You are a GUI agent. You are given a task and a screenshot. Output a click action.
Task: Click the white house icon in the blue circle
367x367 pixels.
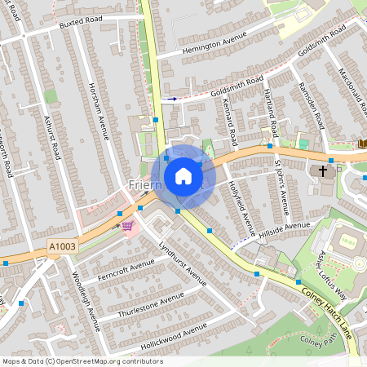point(183,176)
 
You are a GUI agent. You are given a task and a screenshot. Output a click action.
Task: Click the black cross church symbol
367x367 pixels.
point(322,171)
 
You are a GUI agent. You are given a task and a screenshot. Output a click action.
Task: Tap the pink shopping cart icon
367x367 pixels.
point(127,225)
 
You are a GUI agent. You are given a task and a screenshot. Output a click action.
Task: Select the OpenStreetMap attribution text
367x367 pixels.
point(82,361)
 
